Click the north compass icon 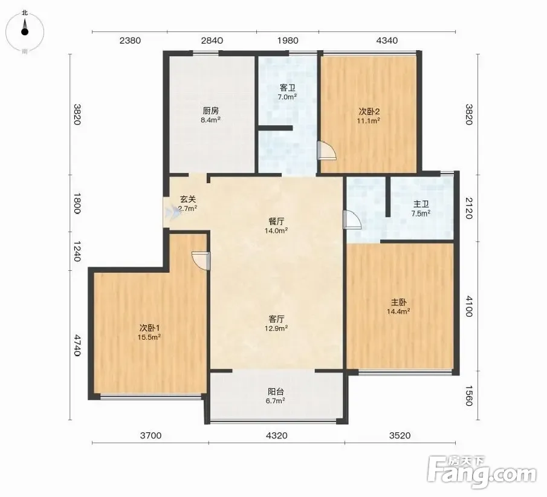click(x=25, y=32)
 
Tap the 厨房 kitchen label click(x=211, y=115)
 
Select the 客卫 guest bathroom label click(x=288, y=92)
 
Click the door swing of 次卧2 click(x=327, y=151)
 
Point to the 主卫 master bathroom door click(x=352, y=219)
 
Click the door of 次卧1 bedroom click(x=201, y=261)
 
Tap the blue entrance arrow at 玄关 click(x=173, y=212)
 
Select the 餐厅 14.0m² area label click(x=276, y=226)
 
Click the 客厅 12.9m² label click(x=276, y=323)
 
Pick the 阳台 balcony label click(x=276, y=396)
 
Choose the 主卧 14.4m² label click(x=398, y=307)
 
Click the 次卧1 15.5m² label click(x=149, y=333)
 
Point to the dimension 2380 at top click(x=130, y=41)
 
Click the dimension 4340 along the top click(x=387, y=41)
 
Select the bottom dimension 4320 click(x=277, y=435)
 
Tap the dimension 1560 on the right click(x=469, y=396)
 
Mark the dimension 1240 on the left click(x=77, y=252)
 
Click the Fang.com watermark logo click(x=481, y=472)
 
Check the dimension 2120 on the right click(x=469, y=209)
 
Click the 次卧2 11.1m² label click(x=369, y=116)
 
